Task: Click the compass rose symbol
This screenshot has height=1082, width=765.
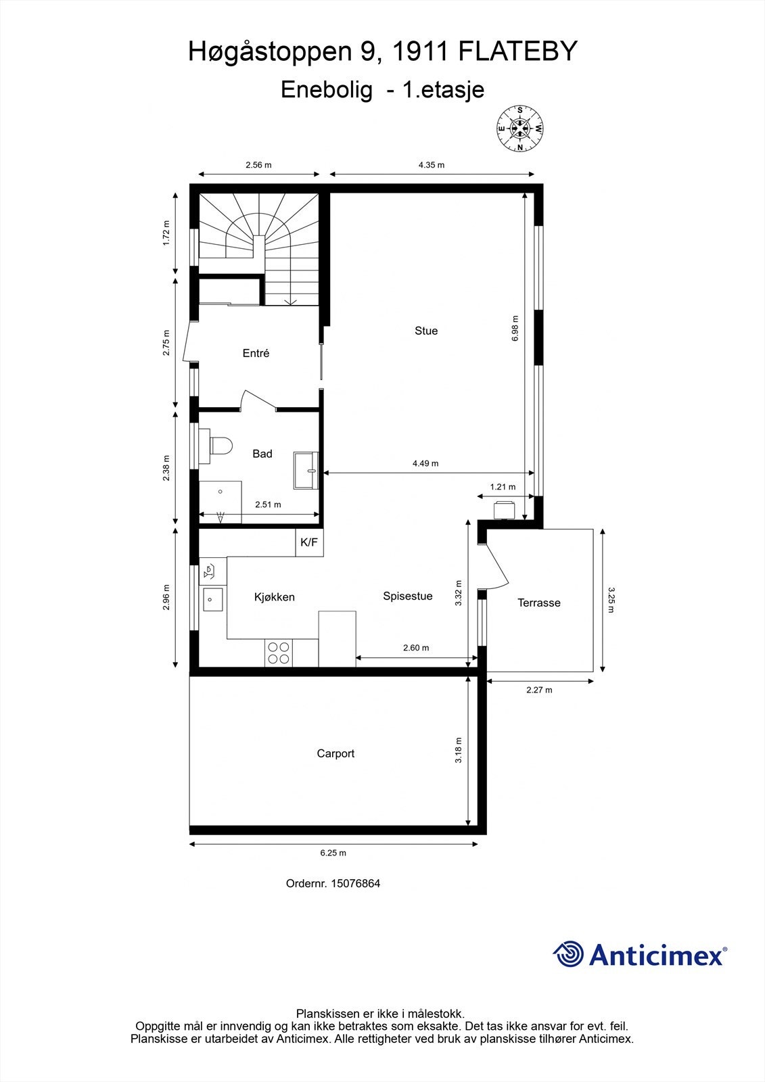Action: coord(520,128)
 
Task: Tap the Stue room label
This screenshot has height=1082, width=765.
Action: coord(426,331)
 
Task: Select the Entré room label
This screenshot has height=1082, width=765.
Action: coord(256,353)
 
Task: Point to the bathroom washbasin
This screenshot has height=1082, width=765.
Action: coord(308,470)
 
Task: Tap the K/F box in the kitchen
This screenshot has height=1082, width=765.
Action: coord(309,542)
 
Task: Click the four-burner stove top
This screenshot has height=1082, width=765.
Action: coord(279,653)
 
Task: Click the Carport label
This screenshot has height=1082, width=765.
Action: coord(335,753)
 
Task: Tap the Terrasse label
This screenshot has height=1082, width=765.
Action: coord(539,603)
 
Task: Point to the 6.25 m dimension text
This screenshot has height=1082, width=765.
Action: coord(333,853)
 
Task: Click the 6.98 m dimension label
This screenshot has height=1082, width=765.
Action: coord(515,329)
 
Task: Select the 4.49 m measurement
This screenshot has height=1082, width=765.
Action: coord(425,463)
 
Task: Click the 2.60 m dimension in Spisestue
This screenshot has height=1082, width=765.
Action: coord(416,648)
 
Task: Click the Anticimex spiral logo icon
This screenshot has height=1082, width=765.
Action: coord(568,954)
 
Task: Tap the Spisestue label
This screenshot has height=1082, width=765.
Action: coord(408,596)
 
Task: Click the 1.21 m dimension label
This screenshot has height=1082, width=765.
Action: coord(503,487)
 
